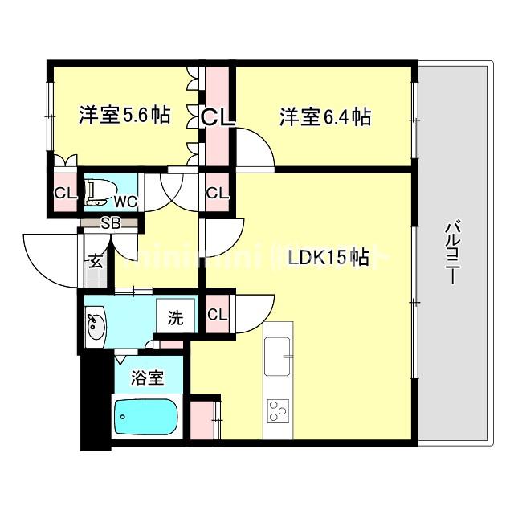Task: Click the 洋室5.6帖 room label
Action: click(124, 116)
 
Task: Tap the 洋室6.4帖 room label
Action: click(324, 117)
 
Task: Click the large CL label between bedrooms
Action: click(218, 118)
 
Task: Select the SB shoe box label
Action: click(110, 223)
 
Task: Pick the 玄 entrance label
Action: click(94, 260)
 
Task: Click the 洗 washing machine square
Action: click(175, 317)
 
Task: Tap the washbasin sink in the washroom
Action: click(96, 327)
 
